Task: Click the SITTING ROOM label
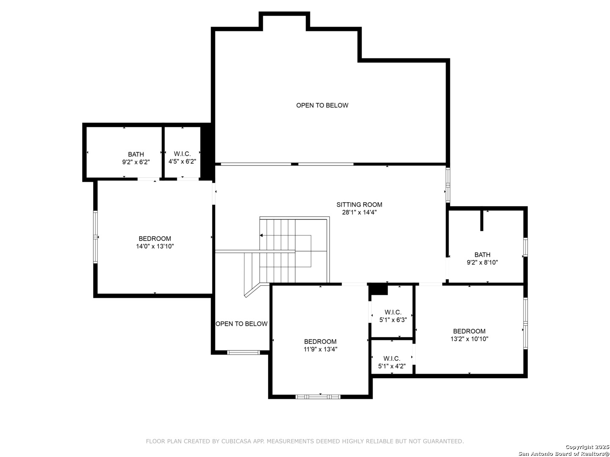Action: pyautogui.click(x=359, y=205)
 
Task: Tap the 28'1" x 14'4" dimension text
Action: pyautogui.click(x=359, y=212)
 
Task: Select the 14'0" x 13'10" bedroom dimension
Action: pyautogui.click(x=155, y=246)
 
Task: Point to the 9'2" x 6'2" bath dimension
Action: pyautogui.click(x=136, y=162)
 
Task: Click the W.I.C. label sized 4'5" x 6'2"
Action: pyautogui.click(x=182, y=154)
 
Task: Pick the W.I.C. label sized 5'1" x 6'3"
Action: pyautogui.click(x=393, y=312)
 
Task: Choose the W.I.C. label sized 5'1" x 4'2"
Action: pyautogui.click(x=392, y=358)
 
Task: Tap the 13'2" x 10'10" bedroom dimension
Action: pyautogui.click(x=469, y=339)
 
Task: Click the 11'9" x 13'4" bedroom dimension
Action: pyautogui.click(x=320, y=350)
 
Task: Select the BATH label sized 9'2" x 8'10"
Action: pyautogui.click(x=482, y=255)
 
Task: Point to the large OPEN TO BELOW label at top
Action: pyautogui.click(x=322, y=105)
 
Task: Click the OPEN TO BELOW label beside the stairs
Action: pyautogui.click(x=241, y=324)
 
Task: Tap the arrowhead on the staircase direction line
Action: pyautogui.click(x=261, y=236)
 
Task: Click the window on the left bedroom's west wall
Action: pyautogui.click(x=96, y=237)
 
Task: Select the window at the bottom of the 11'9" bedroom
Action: pyautogui.click(x=318, y=397)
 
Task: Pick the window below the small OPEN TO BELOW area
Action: pyautogui.click(x=244, y=352)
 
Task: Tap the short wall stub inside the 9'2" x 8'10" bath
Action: pyautogui.click(x=482, y=221)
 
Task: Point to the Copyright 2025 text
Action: pyautogui.click(x=587, y=447)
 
